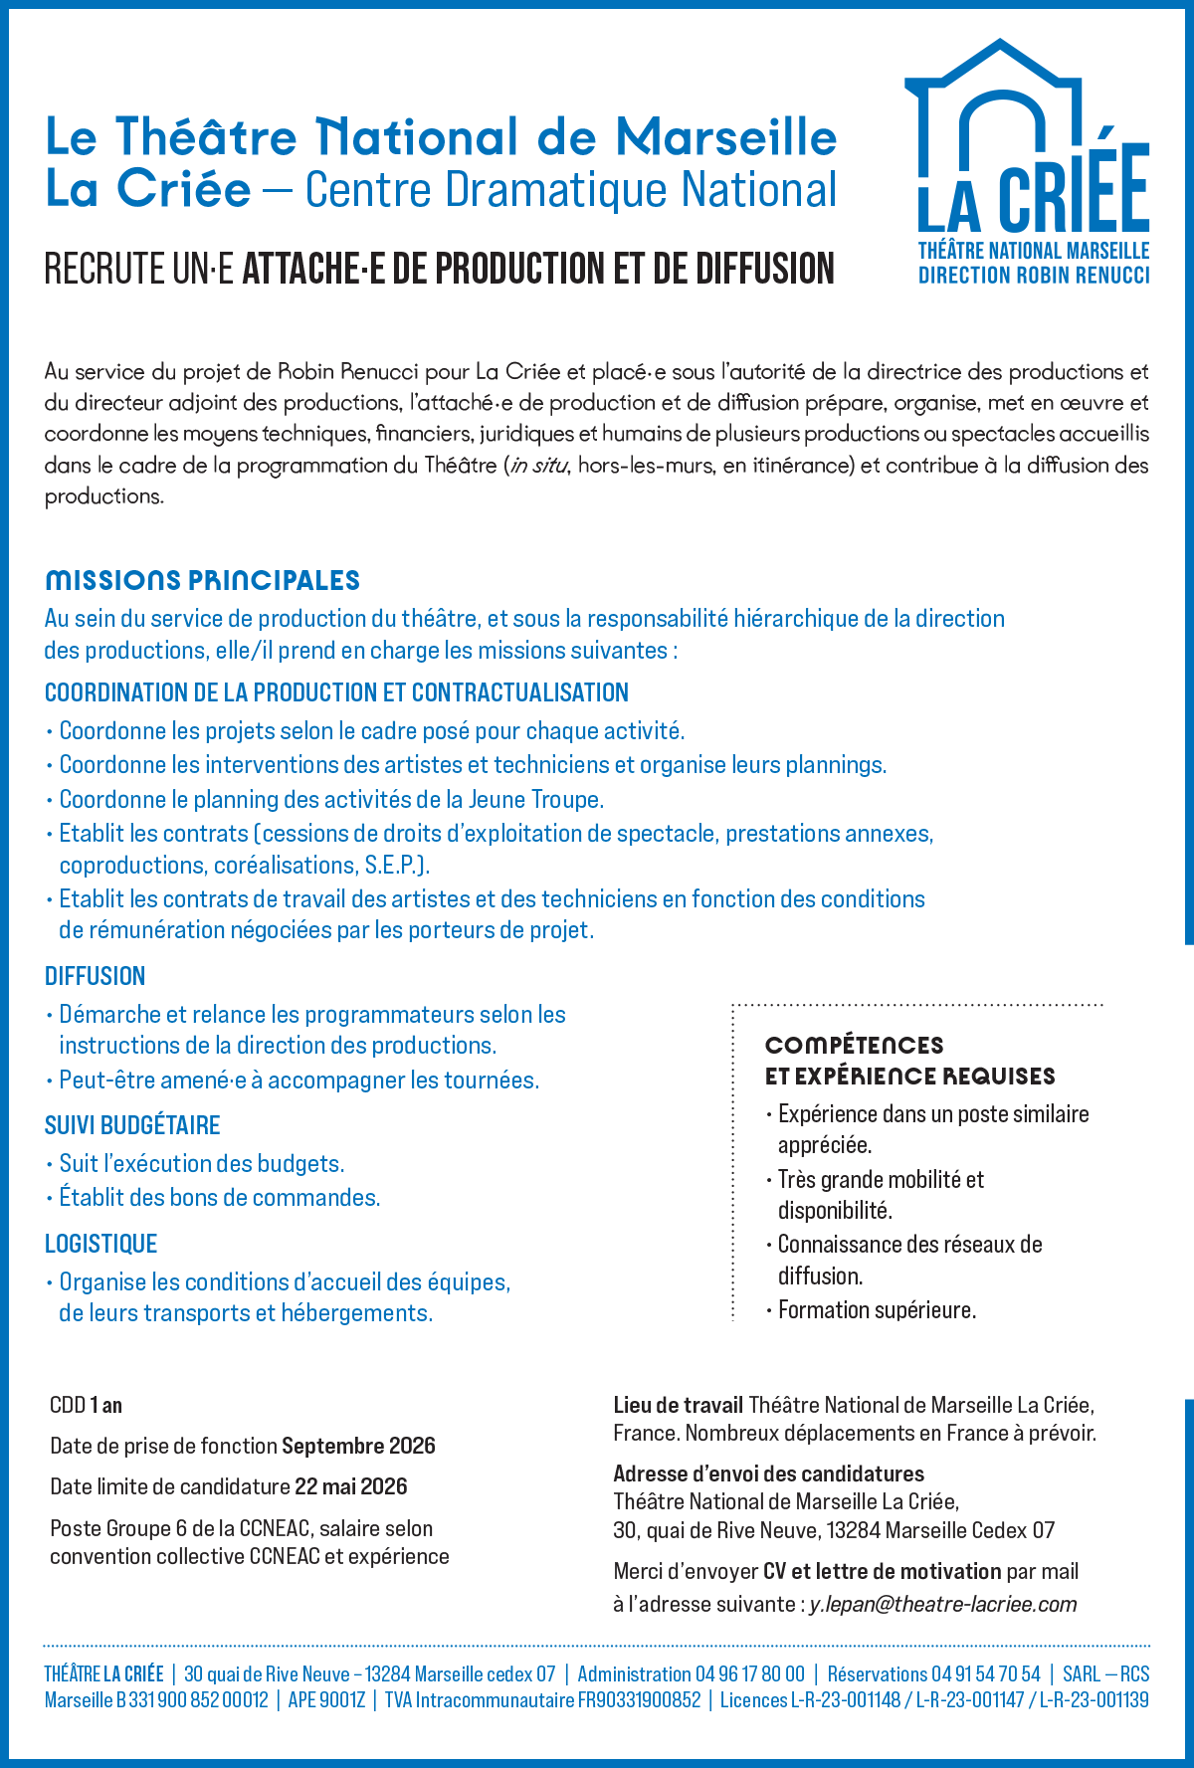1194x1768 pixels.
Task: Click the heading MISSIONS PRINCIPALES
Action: click(x=202, y=580)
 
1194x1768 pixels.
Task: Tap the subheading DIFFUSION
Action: click(x=96, y=976)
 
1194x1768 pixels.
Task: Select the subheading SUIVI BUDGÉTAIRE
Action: click(x=132, y=1125)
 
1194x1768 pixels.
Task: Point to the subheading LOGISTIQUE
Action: click(x=101, y=1244)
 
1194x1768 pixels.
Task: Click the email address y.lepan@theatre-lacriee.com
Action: click(x=943, y=1604)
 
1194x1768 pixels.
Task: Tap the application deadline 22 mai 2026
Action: click(x=351, y=1486)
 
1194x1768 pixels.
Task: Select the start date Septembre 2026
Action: click(x=359, y=1446)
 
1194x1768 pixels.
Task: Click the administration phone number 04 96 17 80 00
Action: click(x=749, y=1674)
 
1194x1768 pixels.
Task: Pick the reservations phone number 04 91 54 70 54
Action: click(x=985, y=1674)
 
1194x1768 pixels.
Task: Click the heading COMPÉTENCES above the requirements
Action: click(x=854, y=1045)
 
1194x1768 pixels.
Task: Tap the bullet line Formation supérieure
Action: click(x=877, y=1310)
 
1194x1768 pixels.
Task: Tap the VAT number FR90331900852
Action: click(x=642, y=1700)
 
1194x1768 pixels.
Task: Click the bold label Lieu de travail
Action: click(x=678, y=1405)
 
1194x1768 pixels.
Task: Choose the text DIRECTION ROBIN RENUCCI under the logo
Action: click(x=1033, y=276)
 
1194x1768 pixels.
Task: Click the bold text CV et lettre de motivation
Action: click(x=882, y=1571)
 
